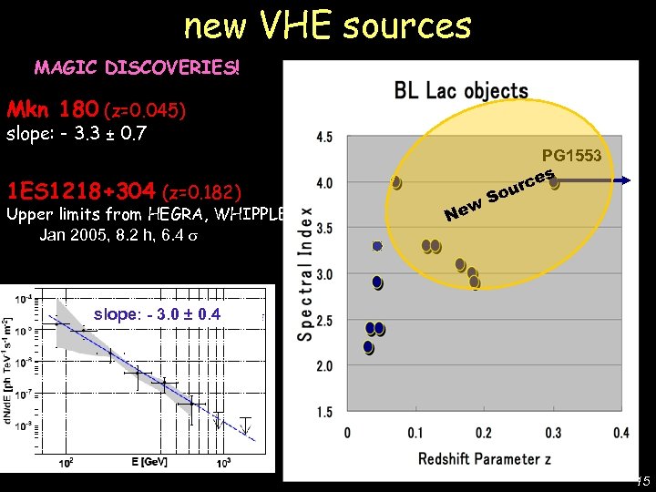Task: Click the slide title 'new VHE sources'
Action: [x=328, y=26]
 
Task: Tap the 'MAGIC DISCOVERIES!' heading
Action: [x=137, y=67]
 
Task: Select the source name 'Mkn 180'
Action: [x=53, y=110]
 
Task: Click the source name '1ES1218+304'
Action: [x=80, y=192]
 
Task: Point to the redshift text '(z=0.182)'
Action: [x=201, y=193]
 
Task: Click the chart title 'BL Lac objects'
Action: [x=461, y=90]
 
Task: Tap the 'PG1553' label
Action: [x=571, y=156]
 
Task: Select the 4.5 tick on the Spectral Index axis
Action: [x=323, y=138]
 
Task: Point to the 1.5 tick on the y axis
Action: [x=323, y=413]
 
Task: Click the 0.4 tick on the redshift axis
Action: [x=620, y=432]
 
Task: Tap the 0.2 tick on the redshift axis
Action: [x=484, y=432]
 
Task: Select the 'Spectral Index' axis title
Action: [x=305, y=273]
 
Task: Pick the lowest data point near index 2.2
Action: [x=368, y=347]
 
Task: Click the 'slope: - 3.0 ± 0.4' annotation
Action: [x=157, y=314]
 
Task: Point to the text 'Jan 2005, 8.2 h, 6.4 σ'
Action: [x=118, y=234]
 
